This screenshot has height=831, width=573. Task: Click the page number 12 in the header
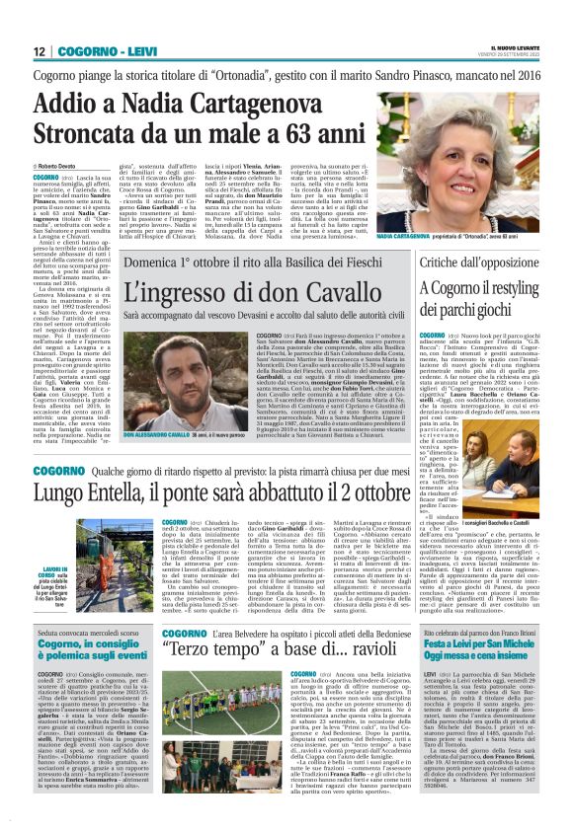tap(38, 51)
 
